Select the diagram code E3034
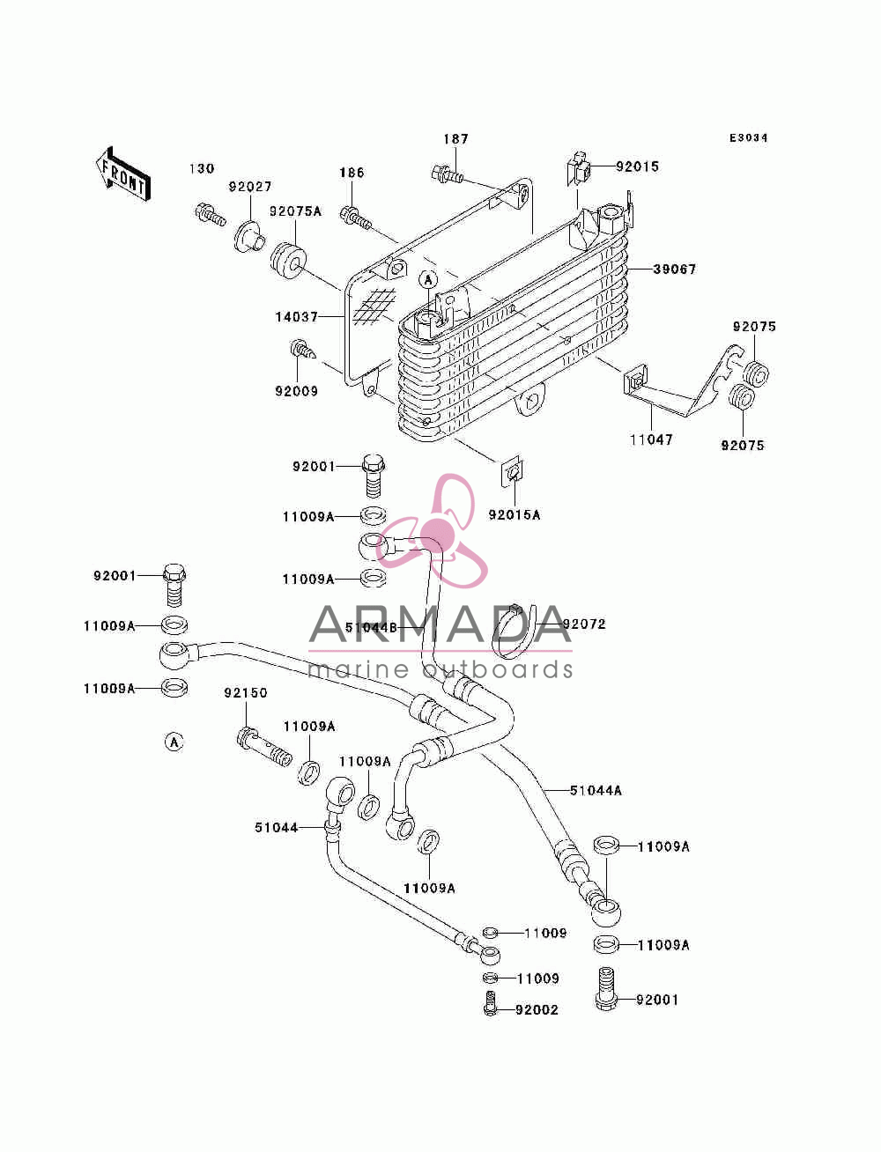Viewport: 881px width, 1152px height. tap(748, 138)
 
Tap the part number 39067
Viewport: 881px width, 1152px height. tap(675, 270)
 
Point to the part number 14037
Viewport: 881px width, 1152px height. tap(297, 317)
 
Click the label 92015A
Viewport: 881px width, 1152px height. tap(514, 515)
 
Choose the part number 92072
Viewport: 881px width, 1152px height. tap(584, 624)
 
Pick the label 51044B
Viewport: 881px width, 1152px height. tap(371, 627)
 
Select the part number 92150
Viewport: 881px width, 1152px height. tap(246, 693)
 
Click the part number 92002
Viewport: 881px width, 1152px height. tap(537, 1010)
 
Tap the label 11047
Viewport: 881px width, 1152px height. tap(651, 439)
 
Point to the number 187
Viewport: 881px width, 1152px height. tap(455, 139)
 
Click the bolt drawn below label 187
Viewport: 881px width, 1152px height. tap(447, 174)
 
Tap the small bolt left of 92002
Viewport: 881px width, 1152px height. tap(489, 1003)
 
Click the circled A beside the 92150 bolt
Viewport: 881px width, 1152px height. tap(174, 742)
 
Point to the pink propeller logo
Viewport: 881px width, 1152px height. tap(437, 530)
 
